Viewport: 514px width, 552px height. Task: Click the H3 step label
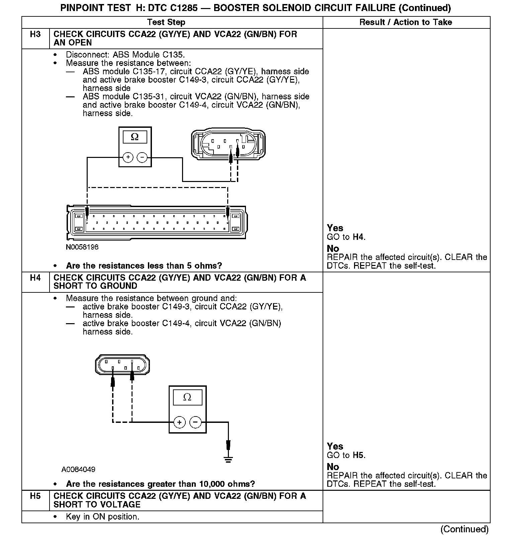point(35,34)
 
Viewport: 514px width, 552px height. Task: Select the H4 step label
point(35,278)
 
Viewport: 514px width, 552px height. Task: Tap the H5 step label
point(35,496)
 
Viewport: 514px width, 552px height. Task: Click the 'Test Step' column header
point(166,22)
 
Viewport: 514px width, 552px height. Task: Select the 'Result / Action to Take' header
point(406,22)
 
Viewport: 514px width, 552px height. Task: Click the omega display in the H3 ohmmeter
point(135,137)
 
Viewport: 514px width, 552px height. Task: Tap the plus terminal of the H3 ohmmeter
point(128,157)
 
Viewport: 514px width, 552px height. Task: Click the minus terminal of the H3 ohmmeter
point(142,157)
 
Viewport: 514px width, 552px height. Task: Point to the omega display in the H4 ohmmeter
point(187,397)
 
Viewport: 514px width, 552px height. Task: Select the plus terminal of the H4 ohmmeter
point(180,422)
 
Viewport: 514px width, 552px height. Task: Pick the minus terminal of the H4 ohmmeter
point(195,422)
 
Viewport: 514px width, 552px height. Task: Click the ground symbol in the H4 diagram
point(229,459)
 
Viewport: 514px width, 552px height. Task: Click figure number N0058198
point(82,247)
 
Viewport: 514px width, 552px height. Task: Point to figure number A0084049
point(78,469)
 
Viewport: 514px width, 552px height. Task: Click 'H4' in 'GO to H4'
point(358,237)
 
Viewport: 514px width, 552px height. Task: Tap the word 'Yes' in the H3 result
point(335,228)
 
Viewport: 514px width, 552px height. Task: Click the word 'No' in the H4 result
point(333,467)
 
